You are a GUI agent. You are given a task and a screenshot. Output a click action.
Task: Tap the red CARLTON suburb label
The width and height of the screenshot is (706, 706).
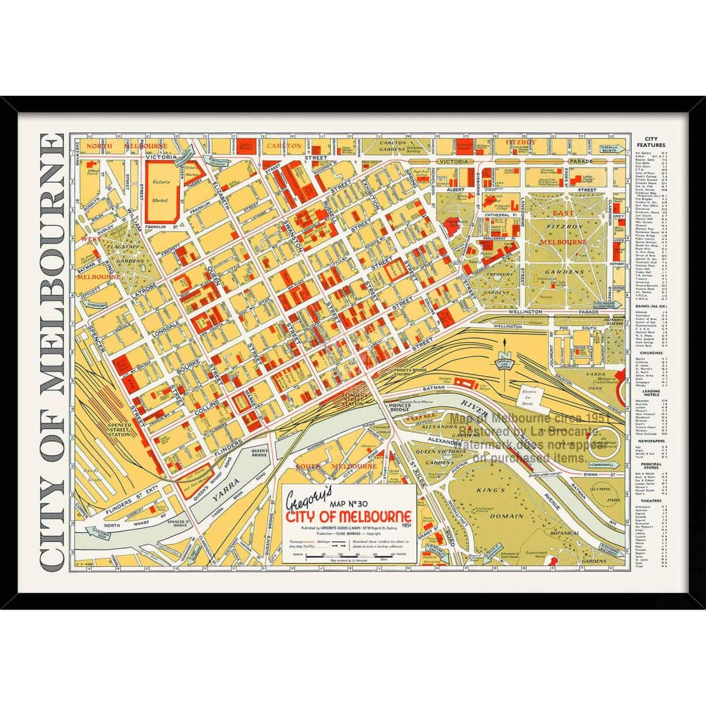tap(283, 145)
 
